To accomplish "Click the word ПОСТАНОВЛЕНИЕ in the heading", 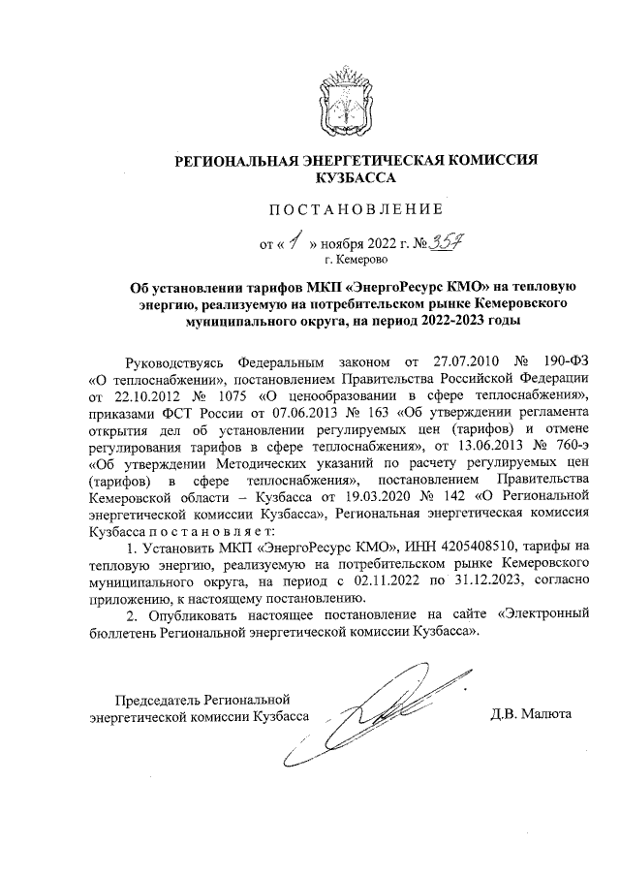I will pyautogui.click(x=355, y=208).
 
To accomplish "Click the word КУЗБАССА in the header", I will pyautogui.click(x=355, y=178).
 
